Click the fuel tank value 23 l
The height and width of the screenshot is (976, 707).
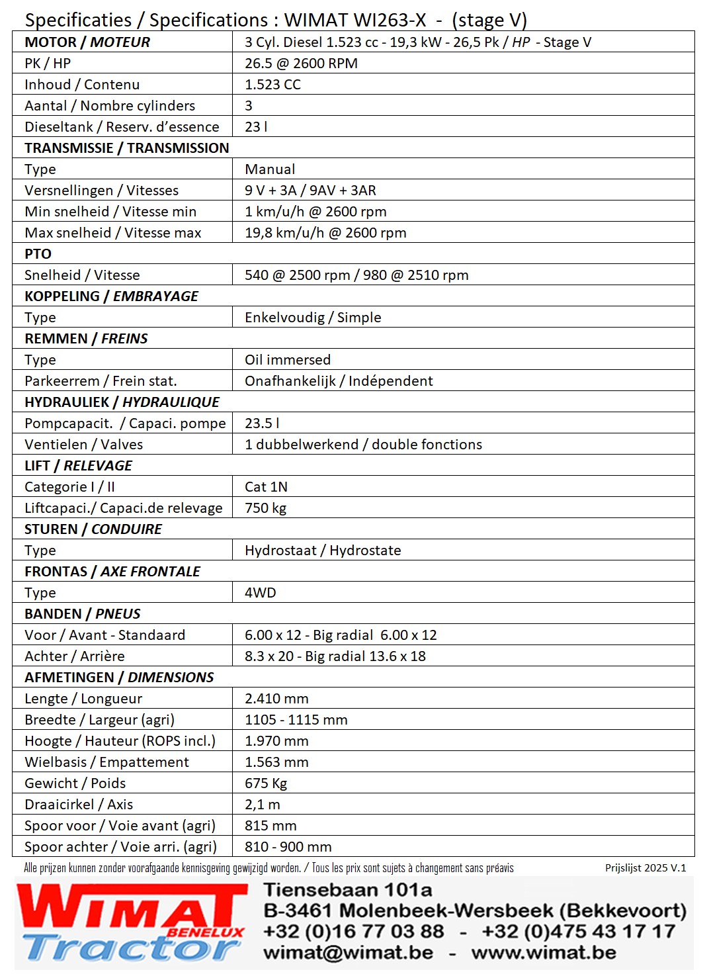[x=256, y=127]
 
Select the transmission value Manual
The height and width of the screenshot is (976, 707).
[x=270, y=169]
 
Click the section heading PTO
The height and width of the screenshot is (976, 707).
[x=38, y=254]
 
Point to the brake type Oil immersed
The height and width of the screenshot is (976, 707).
[x=288, y=360]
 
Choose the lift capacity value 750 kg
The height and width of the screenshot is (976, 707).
[x=265, y=508]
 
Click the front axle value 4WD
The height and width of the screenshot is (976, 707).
[x=260, y=593]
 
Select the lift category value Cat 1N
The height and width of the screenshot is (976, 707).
[x=266, y=487]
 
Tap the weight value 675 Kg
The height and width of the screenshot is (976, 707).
[x=266, y=783]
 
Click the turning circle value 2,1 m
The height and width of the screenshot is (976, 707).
[x=262, y=805]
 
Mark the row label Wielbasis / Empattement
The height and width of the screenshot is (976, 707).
[x=106, y=762]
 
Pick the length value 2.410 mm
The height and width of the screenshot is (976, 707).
[x=276, y=699]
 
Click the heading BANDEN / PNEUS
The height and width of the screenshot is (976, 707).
[x=83, y=614]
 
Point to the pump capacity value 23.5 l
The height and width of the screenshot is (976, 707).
[x=262, y=423]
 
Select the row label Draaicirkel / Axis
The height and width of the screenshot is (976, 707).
[x=79, y=805]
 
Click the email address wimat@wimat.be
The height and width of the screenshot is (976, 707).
[x=349, y=953]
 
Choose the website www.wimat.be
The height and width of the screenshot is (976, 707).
[x=544, y=953]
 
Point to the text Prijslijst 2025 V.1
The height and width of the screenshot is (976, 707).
[x=645, y=868]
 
